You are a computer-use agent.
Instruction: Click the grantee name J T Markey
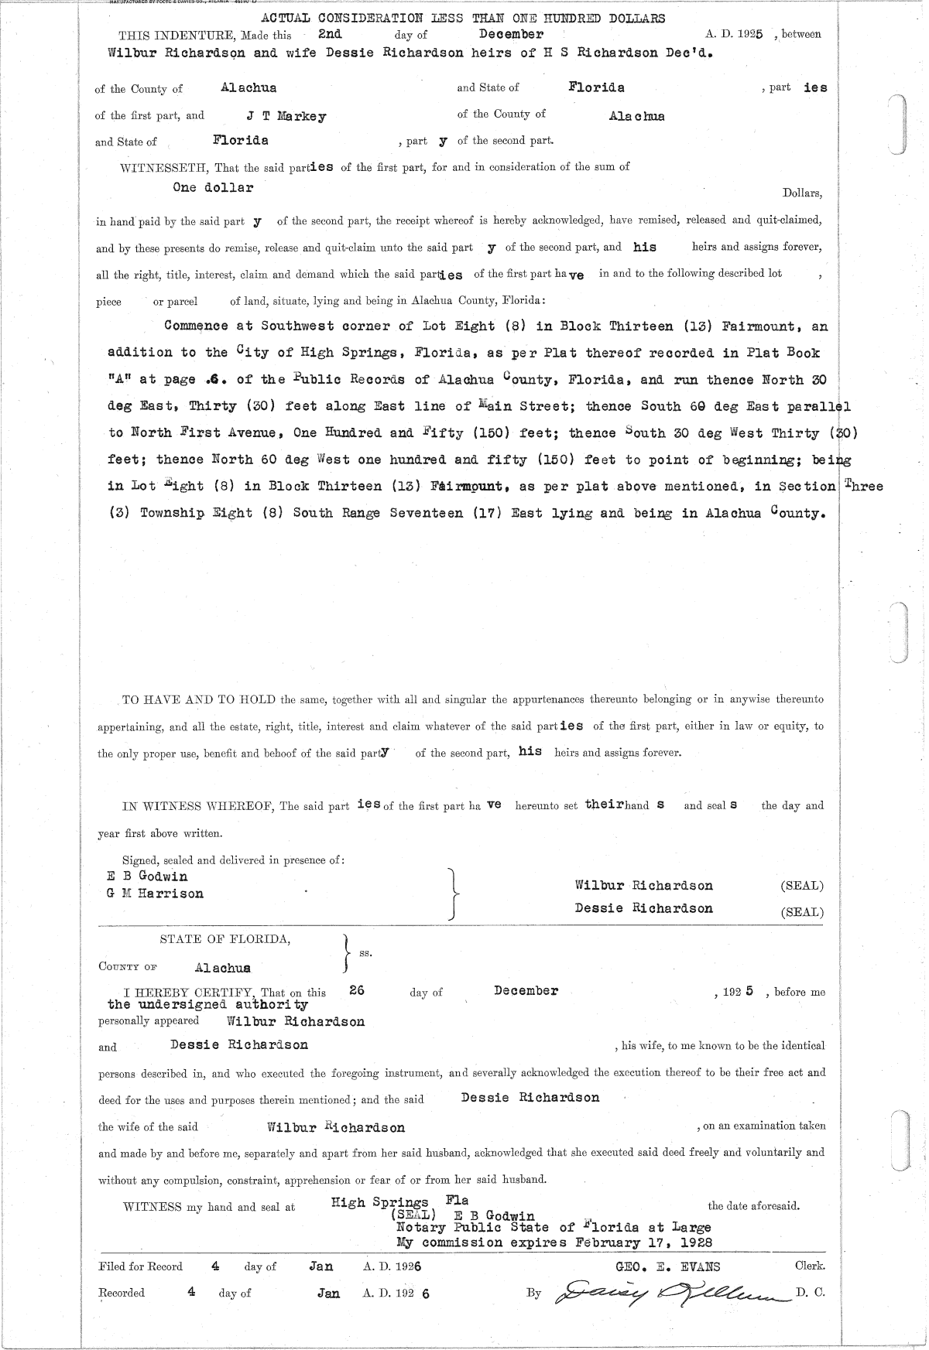(286, 117)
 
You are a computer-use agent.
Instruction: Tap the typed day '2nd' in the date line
(330, 35)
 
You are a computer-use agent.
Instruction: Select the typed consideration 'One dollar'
(213, 188)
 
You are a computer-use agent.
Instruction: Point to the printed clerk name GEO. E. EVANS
(667, 1266)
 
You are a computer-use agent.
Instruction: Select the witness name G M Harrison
(155, 894)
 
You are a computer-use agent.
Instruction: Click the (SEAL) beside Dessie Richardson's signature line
(802, 911)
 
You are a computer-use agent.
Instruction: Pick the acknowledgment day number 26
(357, 990)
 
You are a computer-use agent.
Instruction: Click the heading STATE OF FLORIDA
(225, 940)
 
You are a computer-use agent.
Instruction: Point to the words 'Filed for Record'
(141, 1266)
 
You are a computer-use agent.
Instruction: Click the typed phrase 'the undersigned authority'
(207, 1005)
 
